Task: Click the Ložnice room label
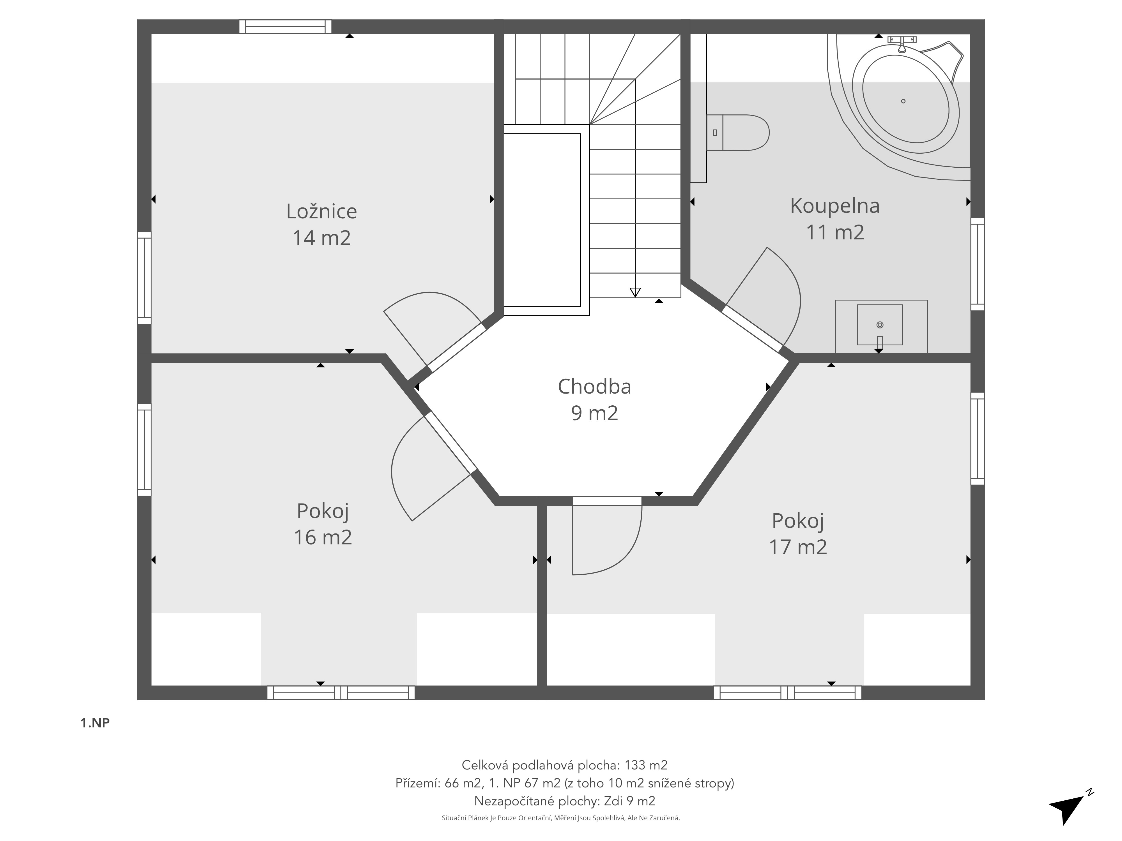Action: click(x=321, y=211)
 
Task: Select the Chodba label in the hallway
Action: click(x=594, y=387)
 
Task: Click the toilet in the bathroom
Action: click(x=738, y=133)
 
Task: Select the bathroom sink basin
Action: click(x=880, y=325)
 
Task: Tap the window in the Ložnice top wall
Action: click(x=286, y=26)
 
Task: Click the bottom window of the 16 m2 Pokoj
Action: click(x=341, y=692)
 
